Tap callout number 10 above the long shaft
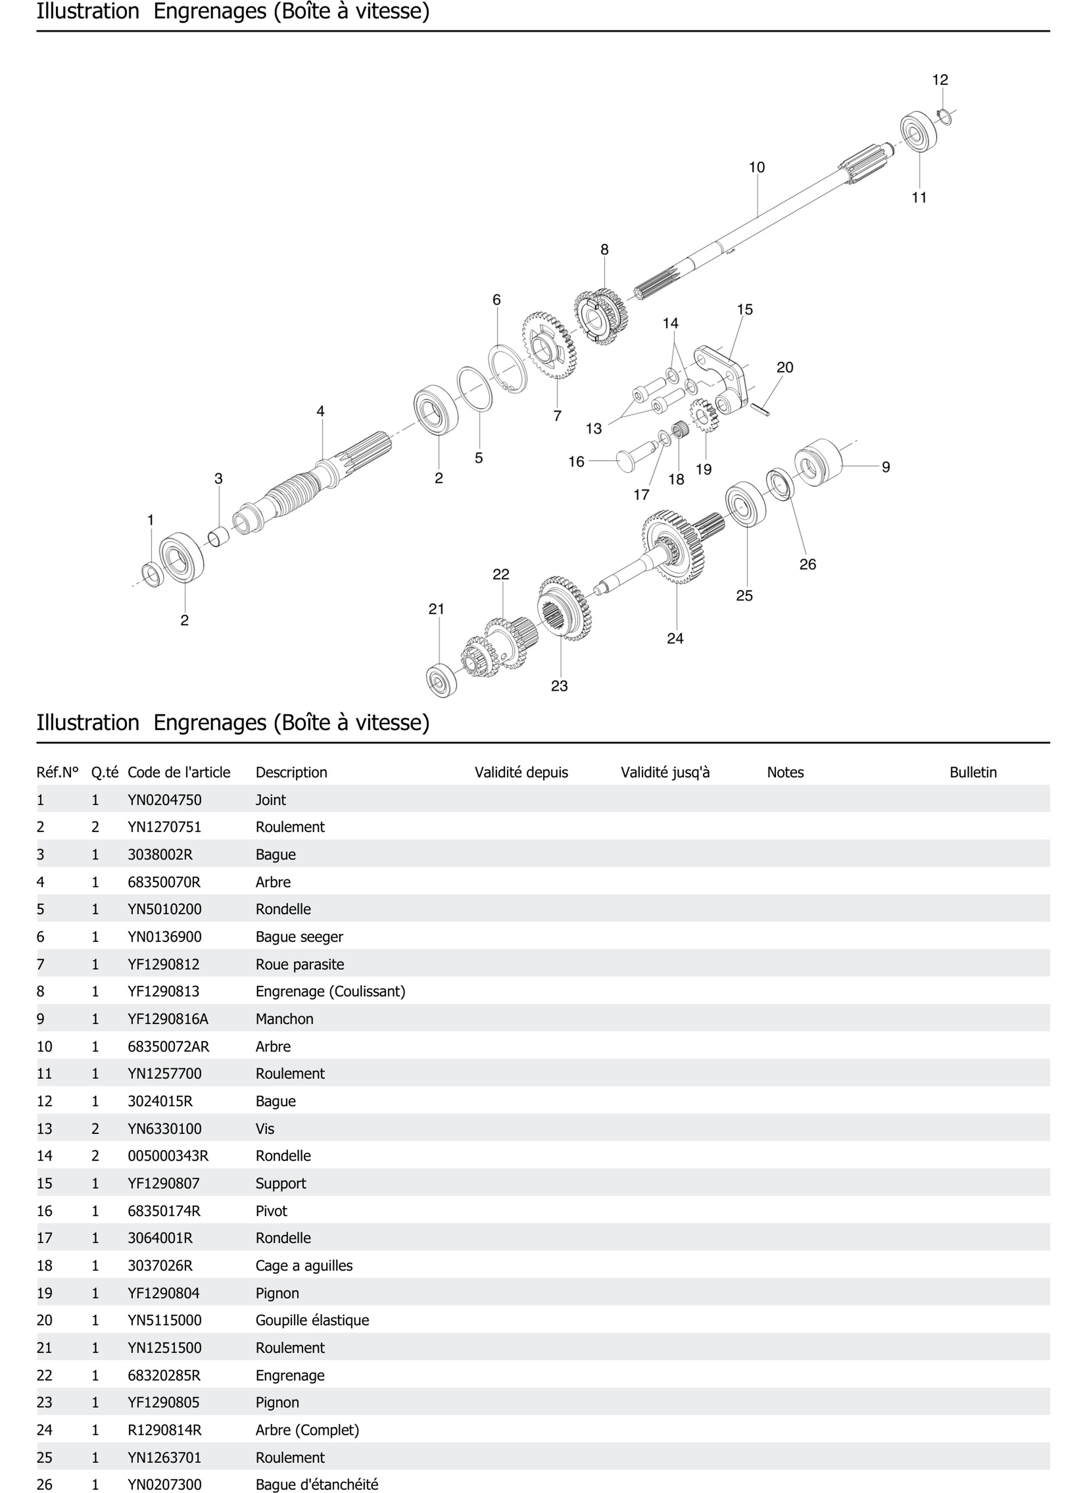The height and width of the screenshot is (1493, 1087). point(757,167)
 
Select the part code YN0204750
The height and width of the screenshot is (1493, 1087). point(164,800)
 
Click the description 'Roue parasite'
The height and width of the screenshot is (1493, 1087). point(300,965)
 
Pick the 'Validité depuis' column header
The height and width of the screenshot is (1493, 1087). point(521,772)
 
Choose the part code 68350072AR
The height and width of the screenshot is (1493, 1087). point(168,1047)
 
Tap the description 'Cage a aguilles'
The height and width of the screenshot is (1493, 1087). point(304,1266)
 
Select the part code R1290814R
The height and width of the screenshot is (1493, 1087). point(164,1431)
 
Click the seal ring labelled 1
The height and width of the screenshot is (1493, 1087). point(153,575)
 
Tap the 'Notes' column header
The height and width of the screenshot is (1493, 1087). point(785,772)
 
